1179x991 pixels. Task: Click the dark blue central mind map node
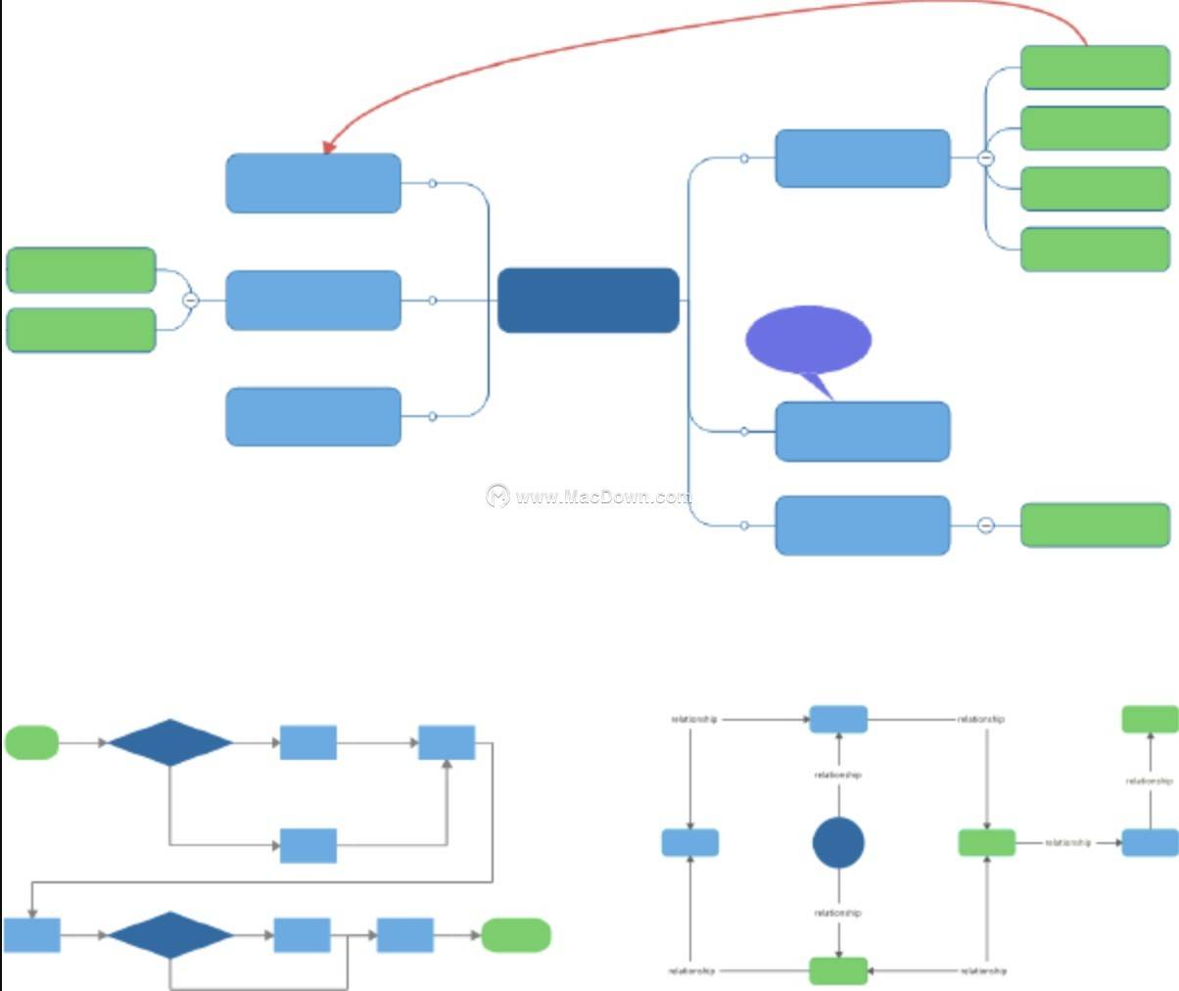[x=589, y=301]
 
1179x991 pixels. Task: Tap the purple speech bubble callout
[x=808, y=339]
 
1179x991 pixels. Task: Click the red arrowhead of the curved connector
[x=329, y=147]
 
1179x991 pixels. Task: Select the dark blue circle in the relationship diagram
[x=838, y=842]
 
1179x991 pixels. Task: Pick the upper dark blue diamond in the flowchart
[x=170, y=742]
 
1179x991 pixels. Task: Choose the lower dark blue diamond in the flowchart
[x=170, y=935]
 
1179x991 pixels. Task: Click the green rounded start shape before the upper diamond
[x=32, y=742]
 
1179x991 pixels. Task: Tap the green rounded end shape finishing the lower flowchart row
[x=516, y=935]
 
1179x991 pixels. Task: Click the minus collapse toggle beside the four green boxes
[x=986, y=158]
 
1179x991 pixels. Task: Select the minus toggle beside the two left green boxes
[x=191, y=300]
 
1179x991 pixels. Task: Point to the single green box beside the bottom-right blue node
[x=1095, y=525]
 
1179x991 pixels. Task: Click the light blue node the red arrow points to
[x=313, y=183]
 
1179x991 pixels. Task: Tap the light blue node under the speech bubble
[x=862, y=431]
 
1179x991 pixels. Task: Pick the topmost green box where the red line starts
[x=1095, y=68]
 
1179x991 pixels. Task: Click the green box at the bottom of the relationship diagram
[x=838, y=970]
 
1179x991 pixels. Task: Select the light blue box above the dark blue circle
[x=838, y=719]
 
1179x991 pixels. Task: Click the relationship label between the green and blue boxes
[x=1067, y=842]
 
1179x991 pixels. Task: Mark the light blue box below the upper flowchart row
[x=308, y=845]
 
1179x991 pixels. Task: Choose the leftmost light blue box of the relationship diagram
[x=690, y=842]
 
